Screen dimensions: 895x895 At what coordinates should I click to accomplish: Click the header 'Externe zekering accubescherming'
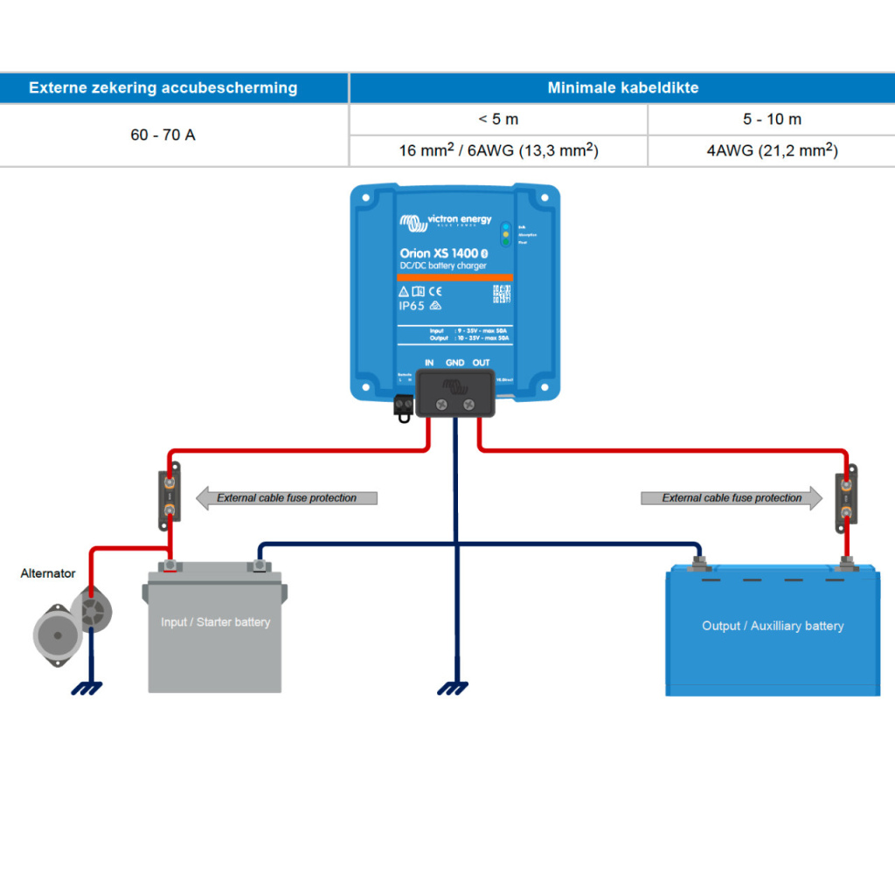point(163,87)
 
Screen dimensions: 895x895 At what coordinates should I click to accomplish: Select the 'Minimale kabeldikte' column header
point(622,87)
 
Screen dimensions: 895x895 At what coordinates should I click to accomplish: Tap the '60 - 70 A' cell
point(163,135)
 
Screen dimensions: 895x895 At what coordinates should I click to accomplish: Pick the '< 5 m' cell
point(498,119)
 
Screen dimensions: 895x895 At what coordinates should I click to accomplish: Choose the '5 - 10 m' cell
point(772,119)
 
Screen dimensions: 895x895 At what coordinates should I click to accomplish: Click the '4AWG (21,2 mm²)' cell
point(772,150)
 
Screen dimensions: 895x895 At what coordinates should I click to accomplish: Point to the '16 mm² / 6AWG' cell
point(498,150)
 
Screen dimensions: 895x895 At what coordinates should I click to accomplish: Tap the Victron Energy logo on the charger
point(446,219)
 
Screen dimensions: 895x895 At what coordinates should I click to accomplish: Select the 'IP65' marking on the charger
point(412,306)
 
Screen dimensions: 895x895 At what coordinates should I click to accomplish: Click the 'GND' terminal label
point(455,363)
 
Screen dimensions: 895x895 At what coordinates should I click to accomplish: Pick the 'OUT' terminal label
point(481,363)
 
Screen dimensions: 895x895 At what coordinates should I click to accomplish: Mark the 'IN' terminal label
point(429,363)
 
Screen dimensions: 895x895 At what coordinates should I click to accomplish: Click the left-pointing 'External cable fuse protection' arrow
point(287,498)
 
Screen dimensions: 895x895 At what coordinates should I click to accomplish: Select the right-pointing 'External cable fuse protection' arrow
point(732,498)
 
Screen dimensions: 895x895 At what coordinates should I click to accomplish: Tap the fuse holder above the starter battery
point(170,497)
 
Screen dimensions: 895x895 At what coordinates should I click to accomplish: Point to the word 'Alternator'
point(48,573)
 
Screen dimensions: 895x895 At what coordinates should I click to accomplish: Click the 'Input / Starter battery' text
point(215,622)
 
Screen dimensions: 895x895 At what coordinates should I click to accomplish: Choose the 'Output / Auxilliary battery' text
point(773,626)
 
